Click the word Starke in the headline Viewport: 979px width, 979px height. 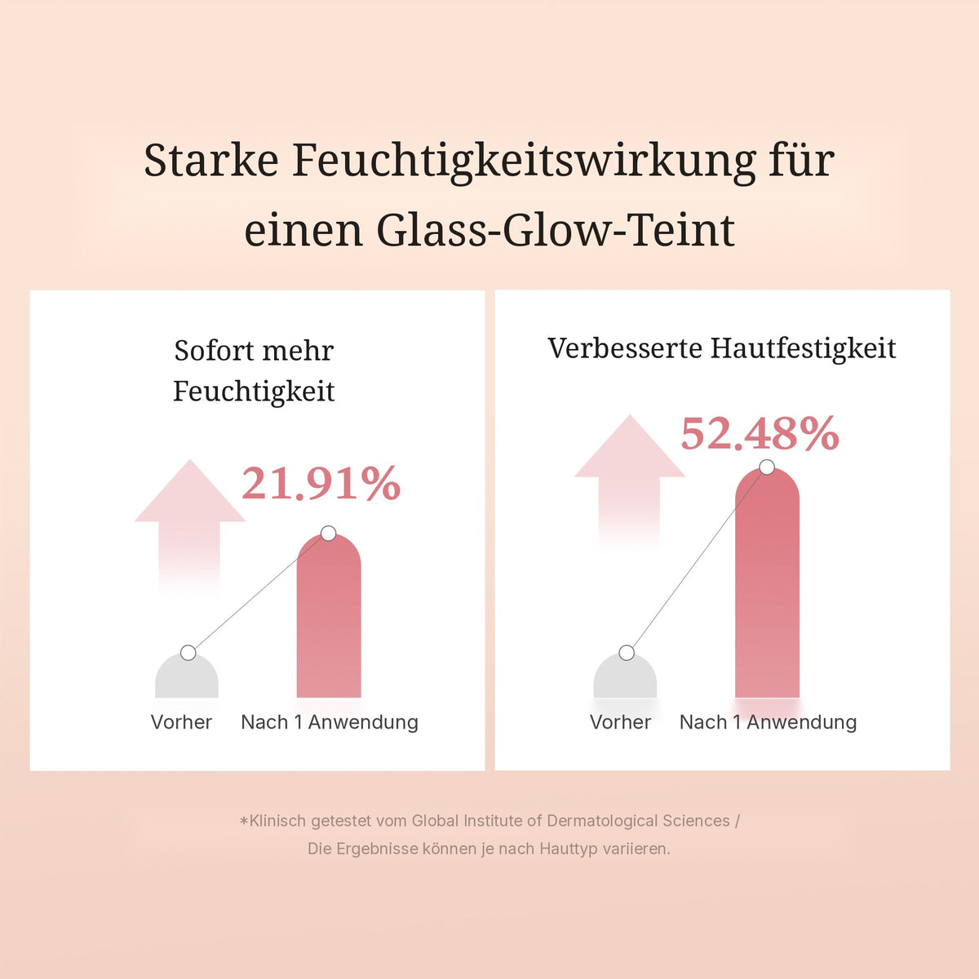pyautogui.click(x=210, y=161)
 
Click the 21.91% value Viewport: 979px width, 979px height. pyautogui.click(x=321, y=483)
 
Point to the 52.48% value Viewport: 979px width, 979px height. pyautogui.click(x=760, y=433)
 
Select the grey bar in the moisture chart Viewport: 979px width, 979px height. pyautogui.click(x=187, y=676)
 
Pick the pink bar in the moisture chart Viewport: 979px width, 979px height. pyautogui.click(x=329, y=616)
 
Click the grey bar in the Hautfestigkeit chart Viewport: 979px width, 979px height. pyautogui.click(x=626, y=676)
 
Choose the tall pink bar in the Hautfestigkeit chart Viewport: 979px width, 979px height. pyautogui.click(x=767, y=583)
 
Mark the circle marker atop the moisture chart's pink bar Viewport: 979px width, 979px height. pyautogui.click(x=329, y=534)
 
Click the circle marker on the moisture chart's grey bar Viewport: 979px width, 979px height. pyautogui.click(x=188, y=653)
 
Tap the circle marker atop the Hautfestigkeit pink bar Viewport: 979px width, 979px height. pyautogui.click(x=767, y=467)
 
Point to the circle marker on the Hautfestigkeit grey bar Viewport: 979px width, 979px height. pyautogui.click(x=627, y=653)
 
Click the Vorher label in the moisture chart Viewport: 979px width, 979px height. pyautogui.click(x=181, y=722)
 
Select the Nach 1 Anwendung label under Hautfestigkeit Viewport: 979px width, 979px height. pyautogui.click(x=769, y=722)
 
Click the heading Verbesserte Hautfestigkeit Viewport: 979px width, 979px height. pyautogui.click(x=722, y=348)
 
